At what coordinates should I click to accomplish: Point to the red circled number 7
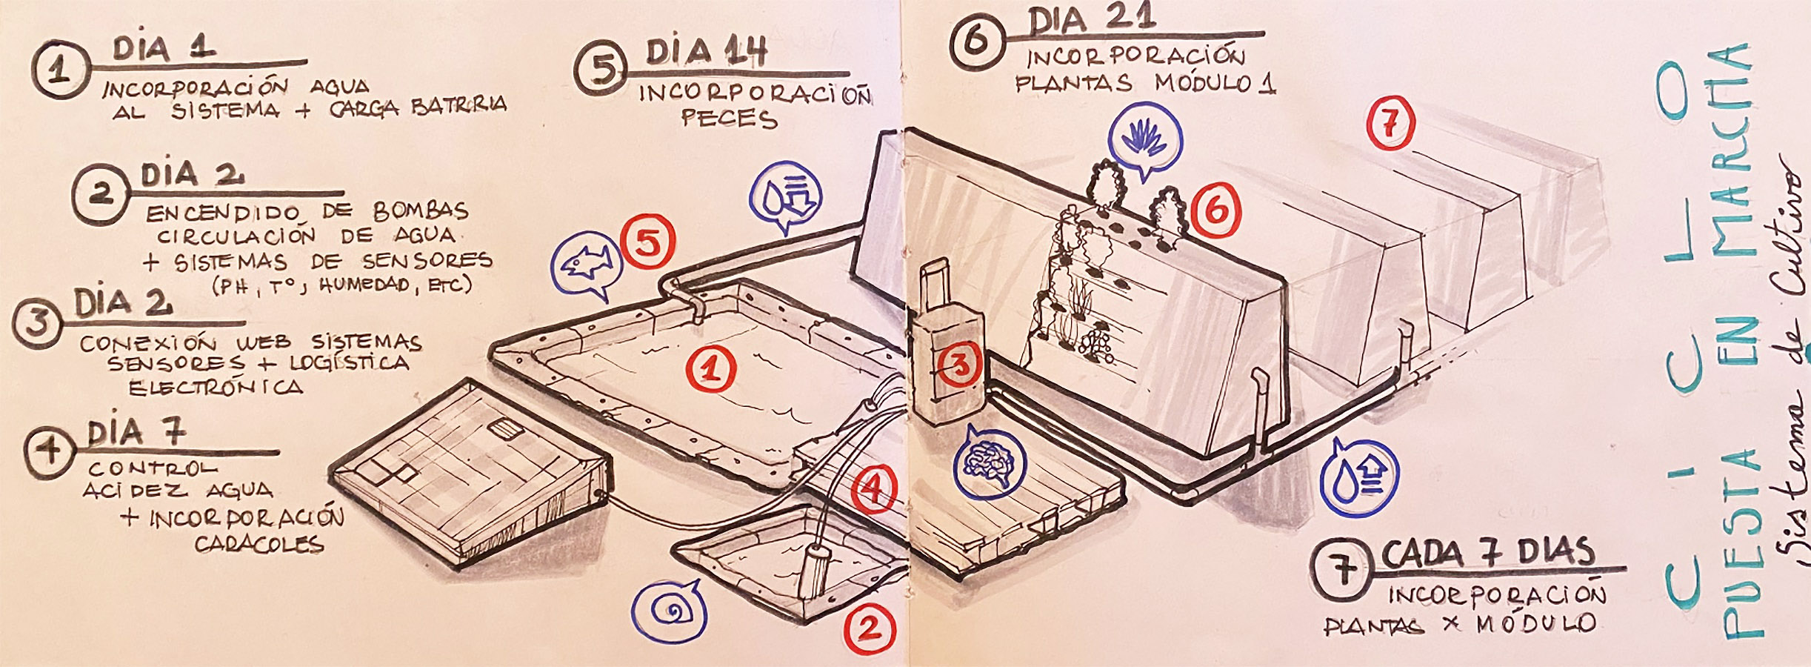[1390, 125]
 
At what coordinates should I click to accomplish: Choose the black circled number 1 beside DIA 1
[61, 73]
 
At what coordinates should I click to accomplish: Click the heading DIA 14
[705, 52]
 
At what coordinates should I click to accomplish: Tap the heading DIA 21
[1091, 19]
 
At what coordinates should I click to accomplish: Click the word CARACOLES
[259, 545]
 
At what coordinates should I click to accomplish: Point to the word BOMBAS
[421, 211]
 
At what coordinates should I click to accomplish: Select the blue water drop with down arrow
[784, 199]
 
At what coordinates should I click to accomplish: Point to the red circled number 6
[1216, 210]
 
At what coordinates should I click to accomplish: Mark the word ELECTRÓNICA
[216, 388]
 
